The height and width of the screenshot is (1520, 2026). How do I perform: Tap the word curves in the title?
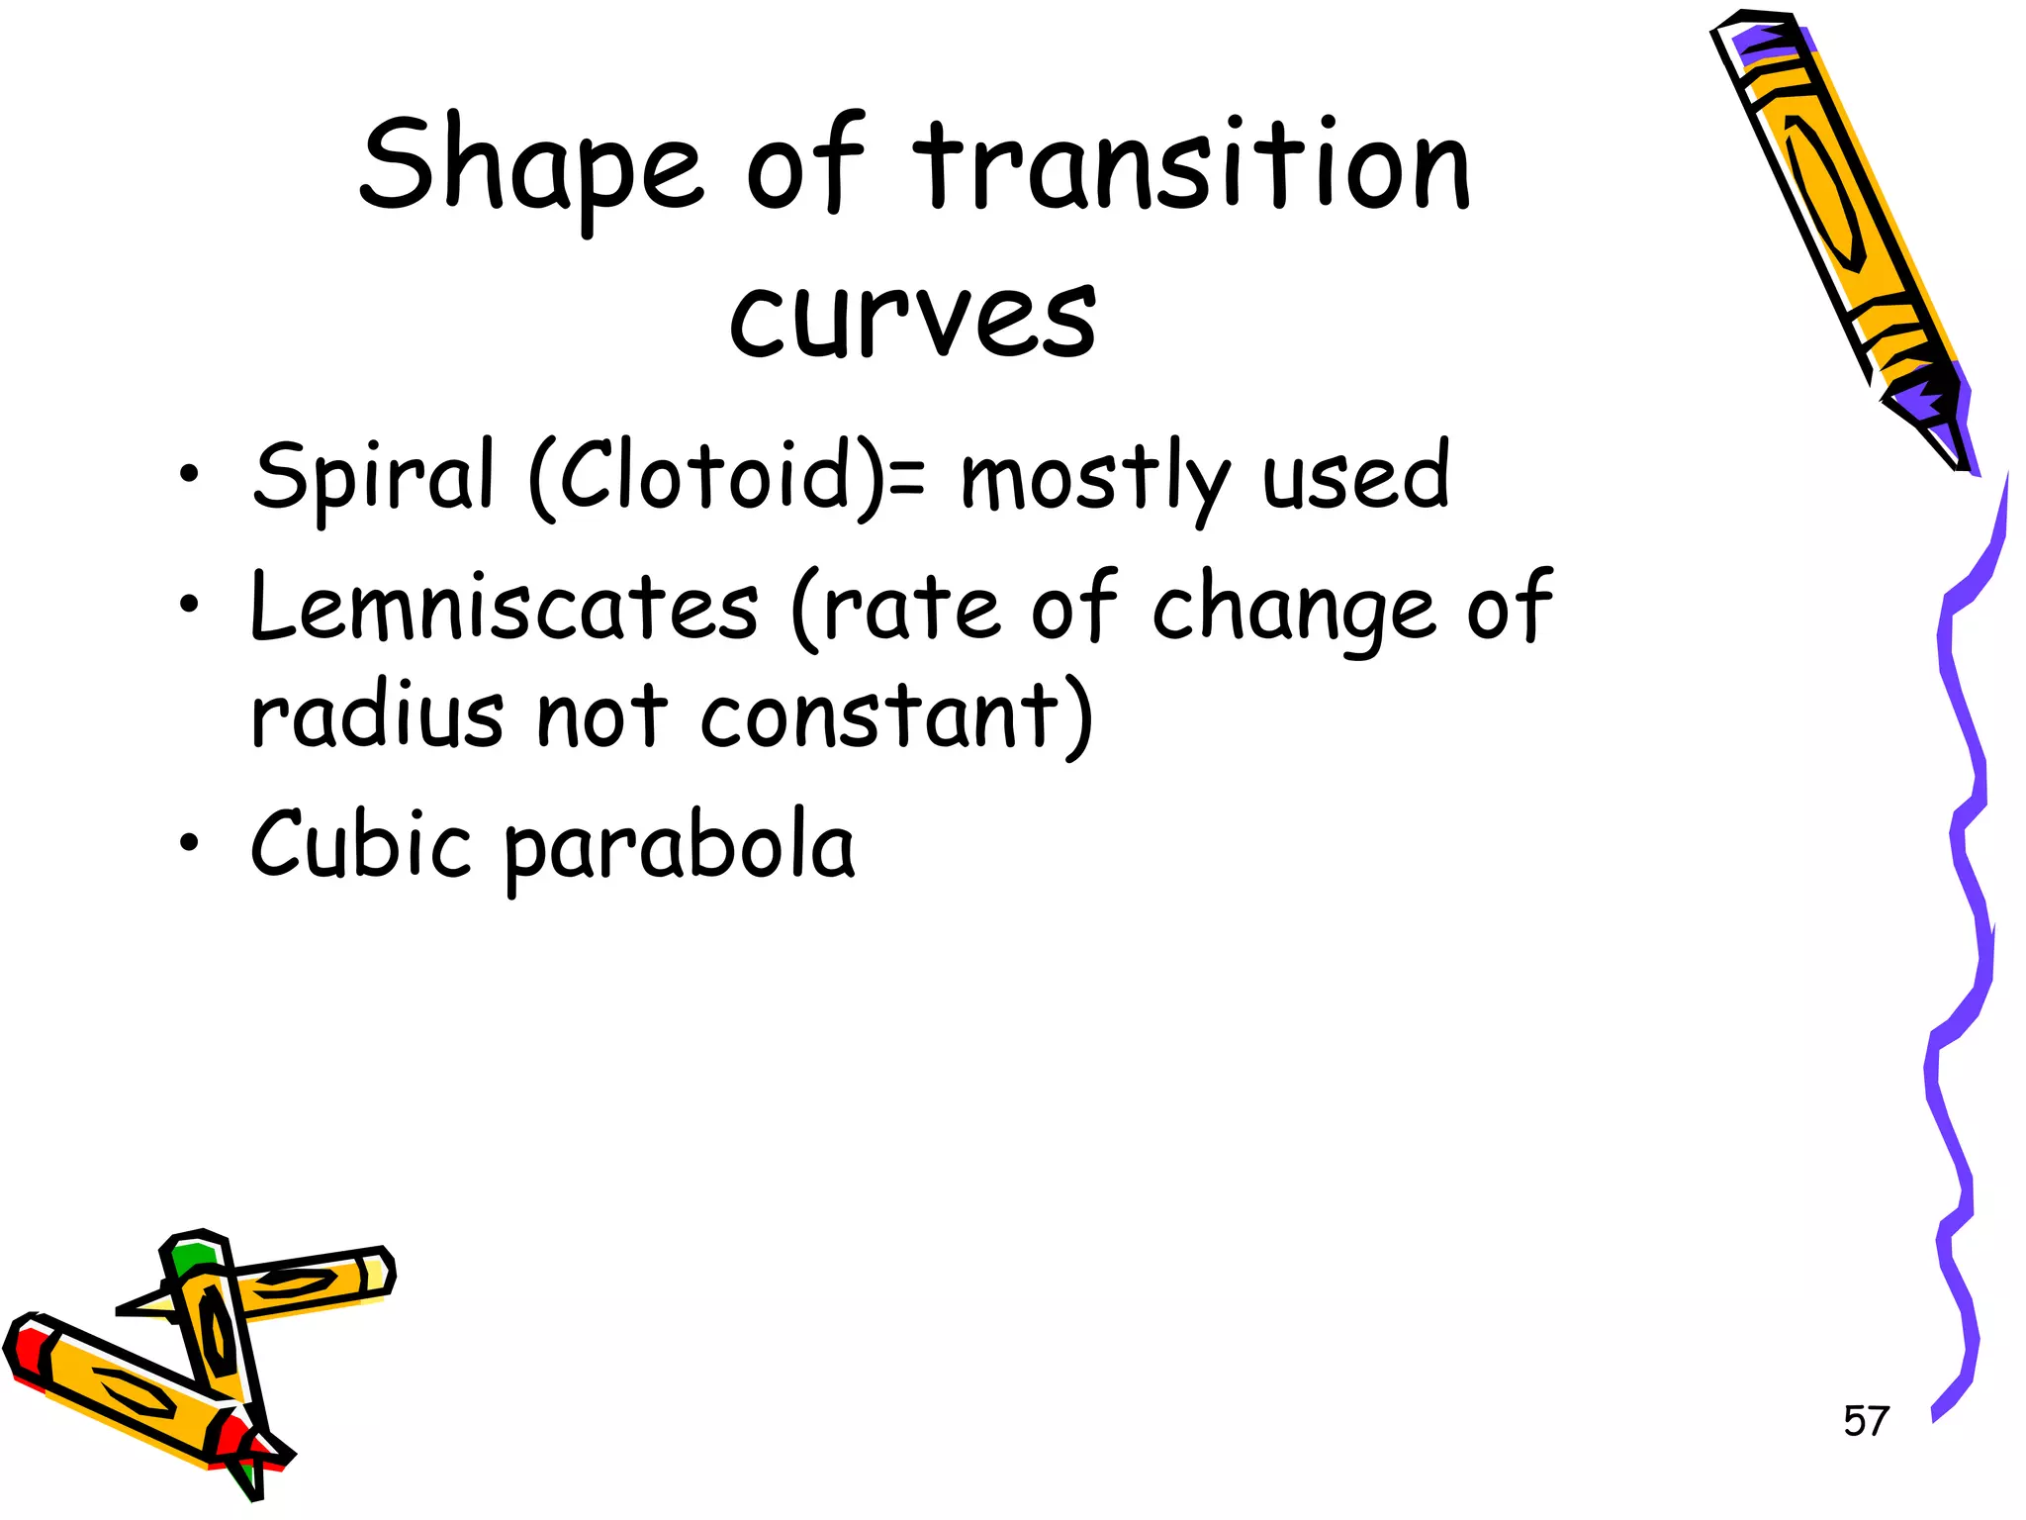pos(912,315)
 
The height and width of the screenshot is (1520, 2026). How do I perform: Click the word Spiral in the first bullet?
pos(372,477)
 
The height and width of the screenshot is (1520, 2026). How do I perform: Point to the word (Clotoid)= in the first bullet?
pos(728,477)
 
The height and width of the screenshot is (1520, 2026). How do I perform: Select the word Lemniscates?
pos(505,606)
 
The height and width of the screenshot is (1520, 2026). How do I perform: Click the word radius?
pos(377,714)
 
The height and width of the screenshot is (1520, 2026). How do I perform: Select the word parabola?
pos(680,849)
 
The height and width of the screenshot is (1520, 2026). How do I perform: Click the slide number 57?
pos(1866,1421)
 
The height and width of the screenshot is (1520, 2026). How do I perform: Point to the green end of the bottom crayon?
pos(191,1258)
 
